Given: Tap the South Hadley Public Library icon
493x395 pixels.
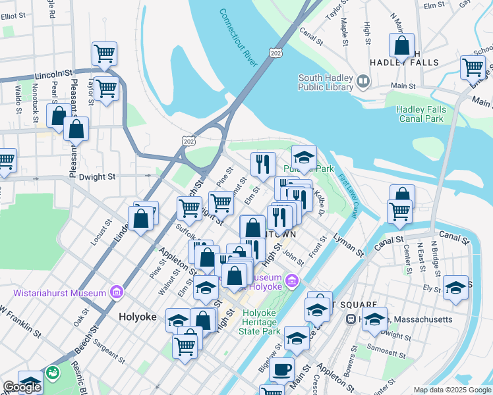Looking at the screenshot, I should coord(362,82).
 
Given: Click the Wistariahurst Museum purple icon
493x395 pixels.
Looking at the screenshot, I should coord(117,292).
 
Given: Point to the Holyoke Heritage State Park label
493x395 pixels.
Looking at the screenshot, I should coord(262,322).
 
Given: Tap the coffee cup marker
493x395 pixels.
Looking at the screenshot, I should coord(282,369).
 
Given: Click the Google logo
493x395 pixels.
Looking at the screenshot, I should coord(21,387).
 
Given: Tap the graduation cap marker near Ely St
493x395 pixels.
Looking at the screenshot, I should coord(455,288).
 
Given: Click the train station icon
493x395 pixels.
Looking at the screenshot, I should coord(351,319).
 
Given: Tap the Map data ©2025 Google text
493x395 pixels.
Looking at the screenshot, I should coord(451,390).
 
